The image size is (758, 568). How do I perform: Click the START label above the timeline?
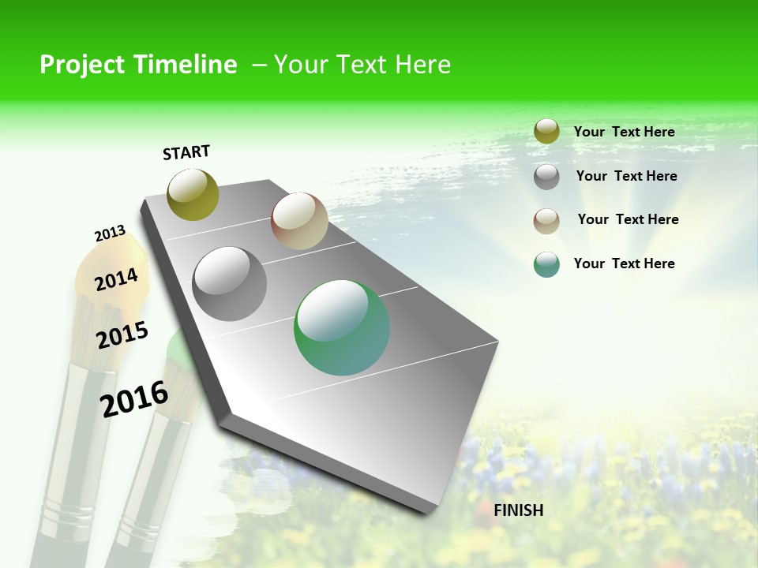(186, 152)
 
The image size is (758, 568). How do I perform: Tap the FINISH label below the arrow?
(518, 510)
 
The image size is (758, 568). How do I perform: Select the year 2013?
(110, 234)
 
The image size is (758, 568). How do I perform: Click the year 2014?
(116, 279)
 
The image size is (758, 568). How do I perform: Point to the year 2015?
(122, 335)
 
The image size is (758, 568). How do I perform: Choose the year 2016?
(134, 398)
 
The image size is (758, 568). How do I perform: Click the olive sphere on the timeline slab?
(193, 194)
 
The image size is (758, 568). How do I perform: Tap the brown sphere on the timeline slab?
(299, 221)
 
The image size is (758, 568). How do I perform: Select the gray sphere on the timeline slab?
(230, 284)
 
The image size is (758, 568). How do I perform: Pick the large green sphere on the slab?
(342, 327)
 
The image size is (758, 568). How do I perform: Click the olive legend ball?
(546, 132)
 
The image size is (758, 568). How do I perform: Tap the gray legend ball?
(546, 177)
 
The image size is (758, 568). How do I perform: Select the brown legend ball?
(546, 220)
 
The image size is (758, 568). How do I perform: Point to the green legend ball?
(546, 264)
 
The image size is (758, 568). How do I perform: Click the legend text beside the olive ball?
(624, 132)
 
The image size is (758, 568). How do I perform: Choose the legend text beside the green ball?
(624, 263)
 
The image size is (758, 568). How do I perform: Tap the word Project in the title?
(80, 65)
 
